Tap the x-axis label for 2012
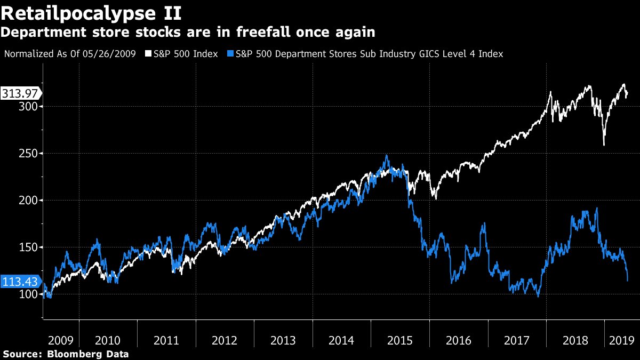[x=225, y=340]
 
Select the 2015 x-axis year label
[x=400, y=340]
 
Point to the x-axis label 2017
[x=517, y=340]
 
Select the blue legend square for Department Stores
[x=230, y=54]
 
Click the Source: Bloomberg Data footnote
[x=66, y=354]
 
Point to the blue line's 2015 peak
[x=386, y=156]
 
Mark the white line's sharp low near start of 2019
[x=604, y=145]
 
